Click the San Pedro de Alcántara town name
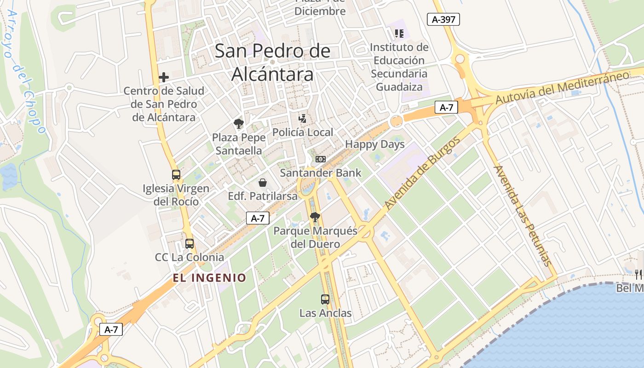[272, 62]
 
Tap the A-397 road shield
[443, 19]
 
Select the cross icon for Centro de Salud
[163, 77]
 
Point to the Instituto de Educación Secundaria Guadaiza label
[399, 67]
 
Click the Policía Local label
[302, 132]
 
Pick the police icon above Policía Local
[302, 119]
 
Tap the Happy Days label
[374, 144]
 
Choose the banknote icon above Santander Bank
[320, 159]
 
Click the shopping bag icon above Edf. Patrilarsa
[262, 183]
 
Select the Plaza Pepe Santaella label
[239, 144]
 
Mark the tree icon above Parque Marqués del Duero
[315, 217]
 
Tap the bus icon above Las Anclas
[325, 299]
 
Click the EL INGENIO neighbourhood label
[209, 278]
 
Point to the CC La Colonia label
[190, 257]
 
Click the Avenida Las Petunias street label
[522, 215]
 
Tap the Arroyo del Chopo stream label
[26, 71]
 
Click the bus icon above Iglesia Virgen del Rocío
[176, 175]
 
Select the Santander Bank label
[321, 173]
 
